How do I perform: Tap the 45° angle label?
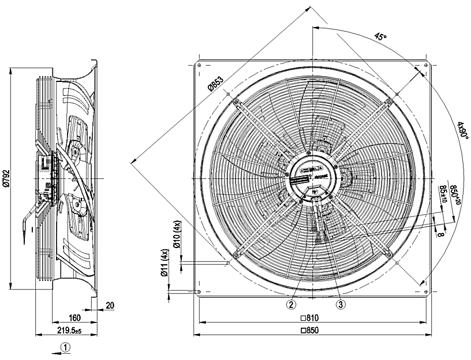click(x=380, y=37)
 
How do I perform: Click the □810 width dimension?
click(x=310, y=318)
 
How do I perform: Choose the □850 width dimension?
click(x=310, y=331)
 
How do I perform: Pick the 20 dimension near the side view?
click(x=109, y=306)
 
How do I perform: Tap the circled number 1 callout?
click(x=66, y=347)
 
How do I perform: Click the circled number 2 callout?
click(x=292, y=304)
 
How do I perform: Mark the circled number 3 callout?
click(x=341, y=304)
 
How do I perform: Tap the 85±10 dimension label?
click(x=443, y=194)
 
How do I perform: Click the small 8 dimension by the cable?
click(x=442, y=234)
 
